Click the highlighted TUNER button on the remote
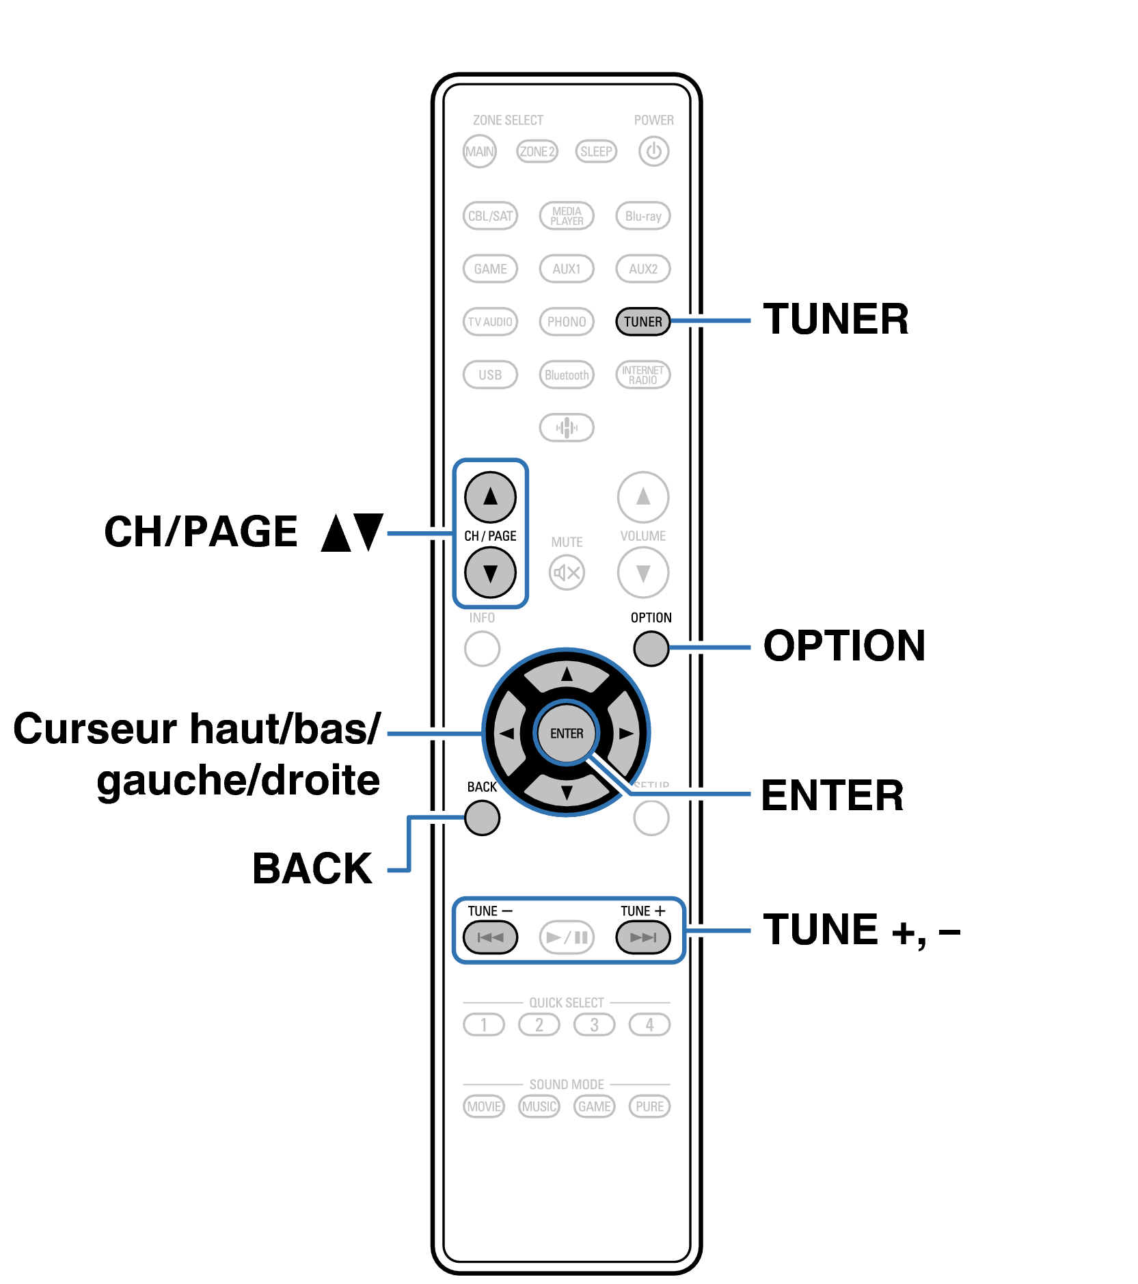click(642, 321)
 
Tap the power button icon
click(653, 151)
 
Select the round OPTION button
click(651, 648)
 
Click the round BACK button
click(482, 818)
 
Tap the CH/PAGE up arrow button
click(490, 497)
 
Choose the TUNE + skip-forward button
click(642, 937)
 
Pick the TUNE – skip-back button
click(490, 937)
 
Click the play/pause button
click(567, 937)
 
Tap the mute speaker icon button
click(567, 573)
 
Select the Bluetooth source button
click(567, 375)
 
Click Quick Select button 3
click(594, 1025)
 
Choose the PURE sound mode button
click(649, 1106)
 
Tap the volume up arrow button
click(642, 497)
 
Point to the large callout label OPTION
click(844, 646)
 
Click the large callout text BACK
click(312, 869)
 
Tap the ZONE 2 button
click(537, 151)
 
